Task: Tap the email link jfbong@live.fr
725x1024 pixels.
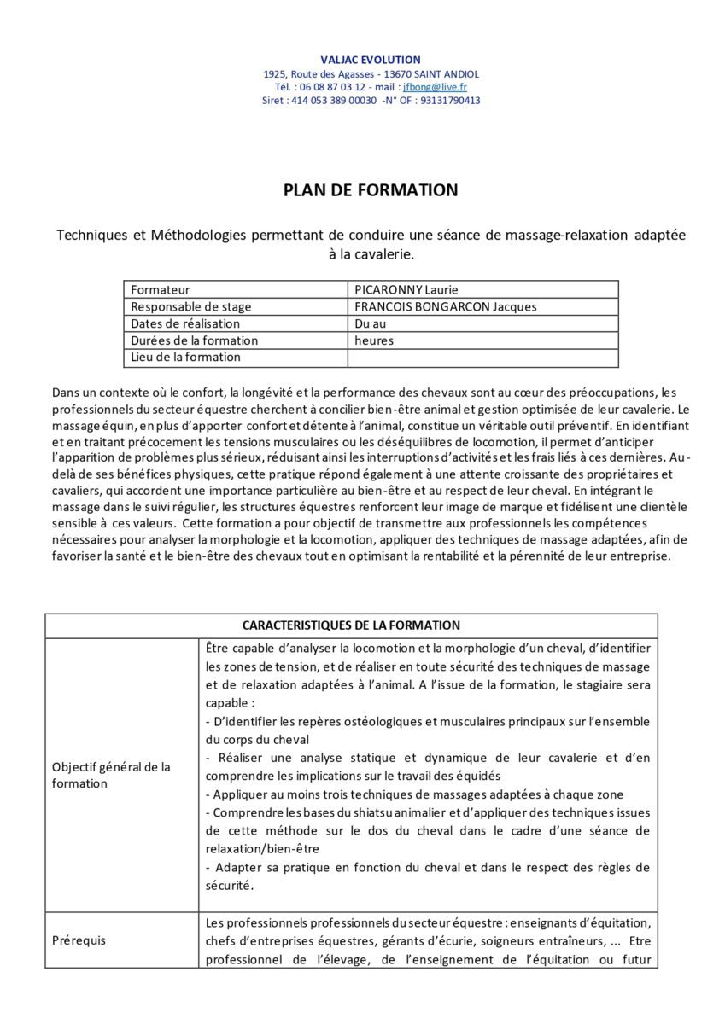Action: [x=435, y=87]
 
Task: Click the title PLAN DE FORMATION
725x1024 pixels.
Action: [x=371, y=190]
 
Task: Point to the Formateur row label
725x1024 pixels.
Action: [x=160, y=290]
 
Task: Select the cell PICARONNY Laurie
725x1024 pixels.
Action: [x=406, y=290]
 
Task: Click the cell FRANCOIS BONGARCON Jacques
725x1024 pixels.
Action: [x=445, y=307]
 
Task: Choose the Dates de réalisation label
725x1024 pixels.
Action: [x=185, y=323]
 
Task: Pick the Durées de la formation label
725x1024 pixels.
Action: [x=194, y=340]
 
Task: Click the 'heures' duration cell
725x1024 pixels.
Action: [x=374, y=340]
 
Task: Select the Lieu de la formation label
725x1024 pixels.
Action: [x=185, y=357]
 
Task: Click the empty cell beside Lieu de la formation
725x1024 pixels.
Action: [x=482, y=358]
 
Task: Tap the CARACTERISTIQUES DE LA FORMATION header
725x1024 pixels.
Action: [x=351, y=625]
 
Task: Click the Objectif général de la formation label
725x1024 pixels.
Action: [x=111, y=775]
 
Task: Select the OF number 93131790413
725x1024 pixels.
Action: [x=450, y=101]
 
